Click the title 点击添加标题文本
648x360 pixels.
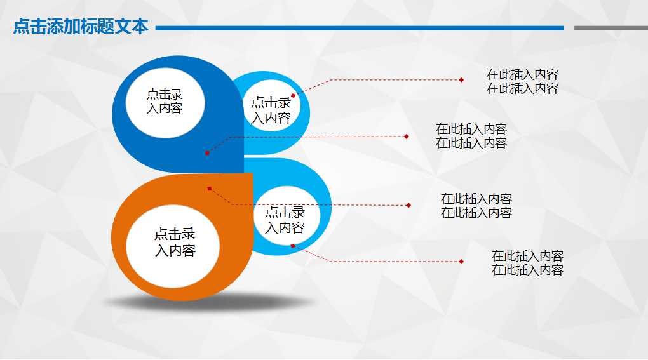point(81,27)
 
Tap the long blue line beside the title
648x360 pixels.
point(360,28)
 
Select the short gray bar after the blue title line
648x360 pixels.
point(611,28)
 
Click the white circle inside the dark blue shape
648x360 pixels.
point(165,102)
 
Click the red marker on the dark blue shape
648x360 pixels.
point(207,153)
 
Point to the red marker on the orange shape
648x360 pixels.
point(209,189)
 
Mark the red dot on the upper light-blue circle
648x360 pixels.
point(293,96)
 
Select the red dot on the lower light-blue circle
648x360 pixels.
point(293,246)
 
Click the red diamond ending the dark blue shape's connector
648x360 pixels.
point(406,137)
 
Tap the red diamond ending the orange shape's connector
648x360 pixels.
point(408,205)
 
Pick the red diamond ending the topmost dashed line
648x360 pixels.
point(462,80)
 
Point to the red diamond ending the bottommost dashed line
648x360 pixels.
point(461,262)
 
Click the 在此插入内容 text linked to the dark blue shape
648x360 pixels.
point(471,137)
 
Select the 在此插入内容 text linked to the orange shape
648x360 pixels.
point(476,206)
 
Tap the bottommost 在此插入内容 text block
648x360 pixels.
point(527,263)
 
